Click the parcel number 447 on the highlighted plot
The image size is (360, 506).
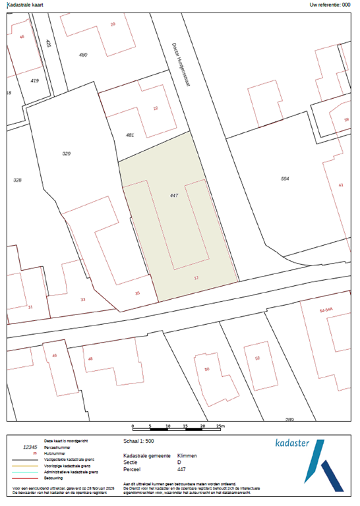click(x=174, y=196)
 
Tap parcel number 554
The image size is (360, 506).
click(x=285, y=179)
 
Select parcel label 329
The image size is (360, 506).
click(x=66, y=154)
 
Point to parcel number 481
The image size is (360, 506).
click(x=130, y=135)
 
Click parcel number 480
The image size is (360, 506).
click(x=83, y=54)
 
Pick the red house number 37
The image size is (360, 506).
click(x=196, y=278)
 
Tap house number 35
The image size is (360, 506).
click(x=137, y=293)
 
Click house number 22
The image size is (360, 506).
click(x=156, y=108)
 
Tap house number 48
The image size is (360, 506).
click(x=90, y=360)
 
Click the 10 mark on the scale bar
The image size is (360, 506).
click(x=168, y=427)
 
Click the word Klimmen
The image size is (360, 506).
click(x=187, y=455)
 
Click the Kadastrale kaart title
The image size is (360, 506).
click(x=24, y=5)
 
